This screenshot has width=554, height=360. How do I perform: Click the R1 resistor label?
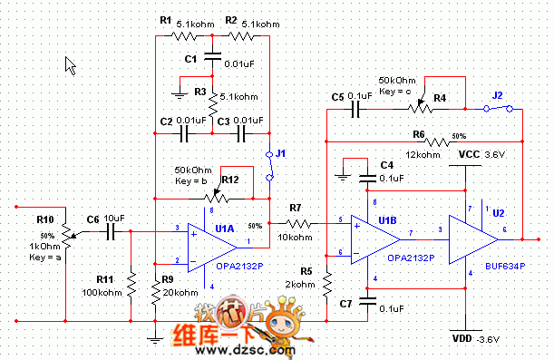(x=164, y=20)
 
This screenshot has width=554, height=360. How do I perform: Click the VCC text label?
(x=469, y=154)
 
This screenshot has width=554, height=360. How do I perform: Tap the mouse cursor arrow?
(x=71, y=65)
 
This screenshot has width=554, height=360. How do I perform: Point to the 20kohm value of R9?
(x=180, y=292)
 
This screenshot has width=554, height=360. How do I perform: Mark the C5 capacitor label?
(x=338, y=95)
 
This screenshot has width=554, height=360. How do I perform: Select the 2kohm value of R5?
(x=301, y=284)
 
